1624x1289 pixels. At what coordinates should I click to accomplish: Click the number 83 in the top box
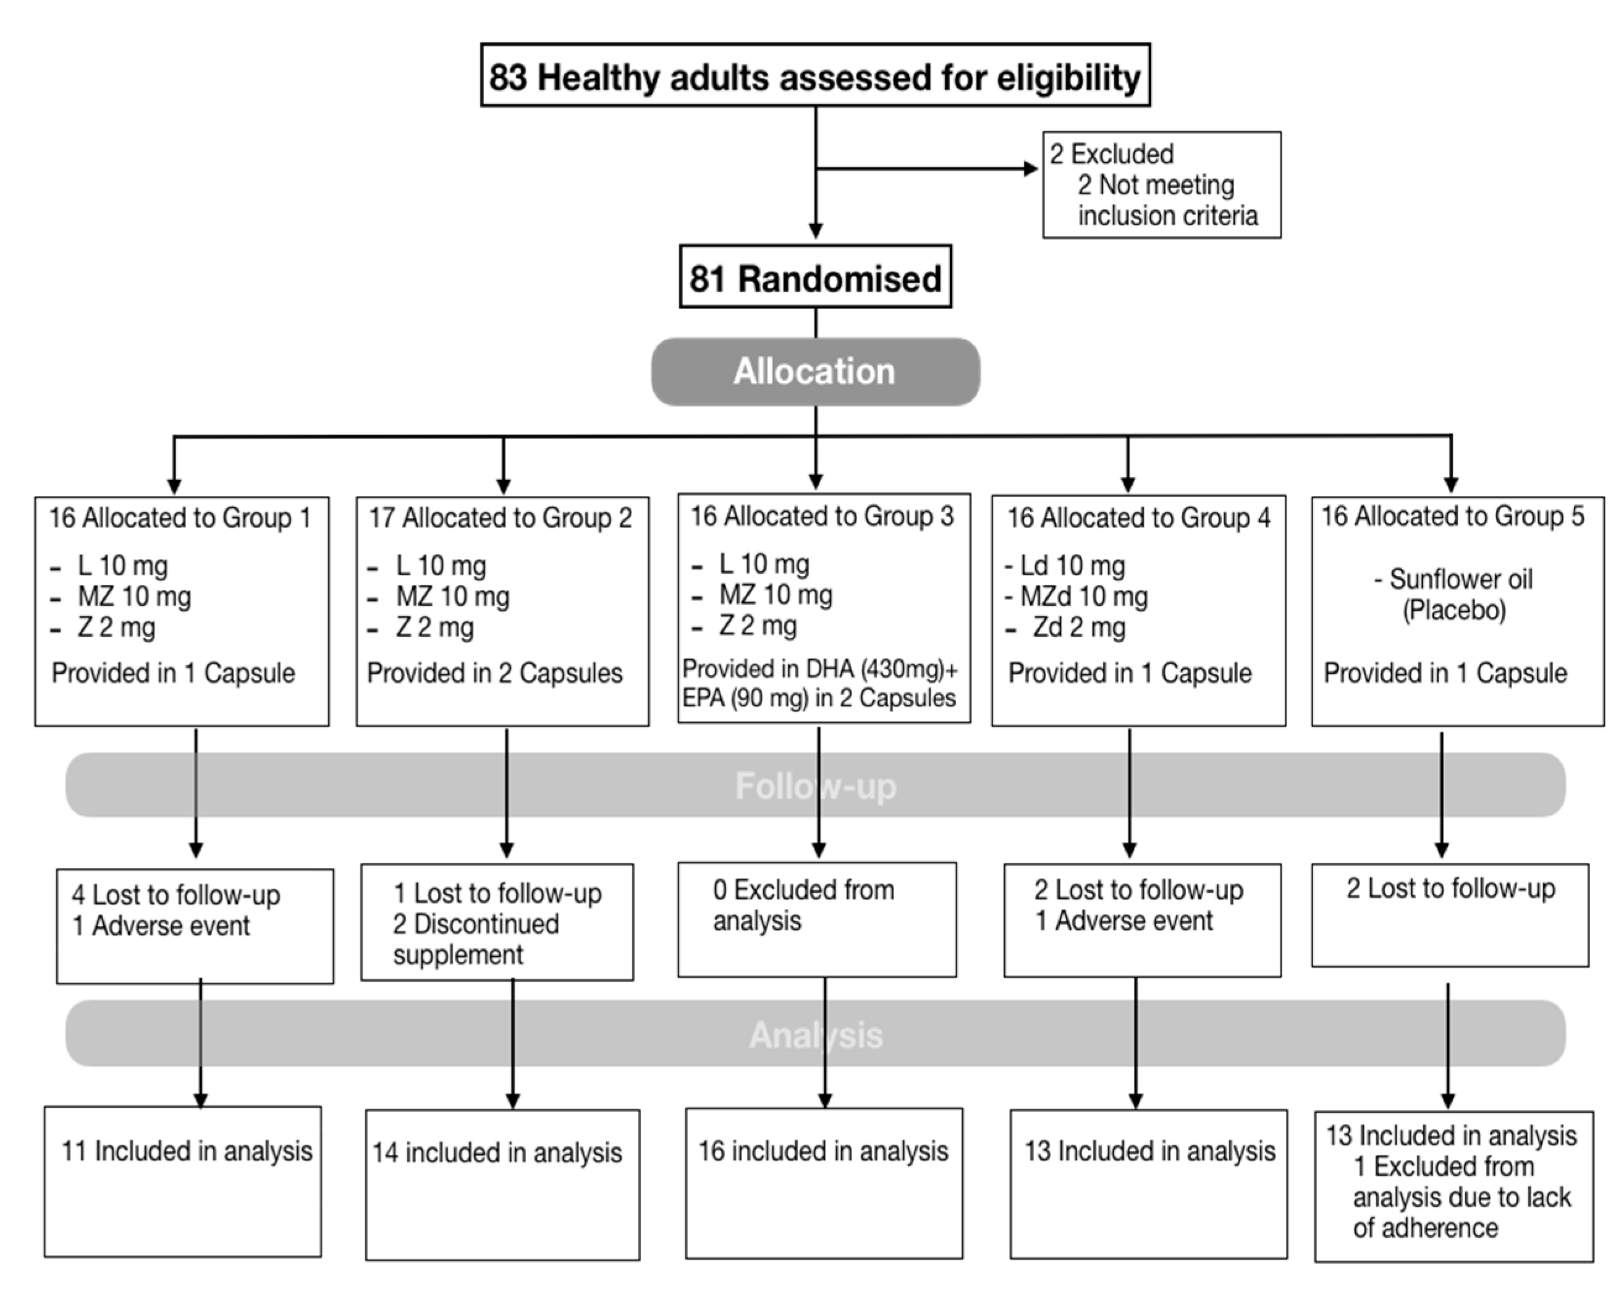tap(509, 78)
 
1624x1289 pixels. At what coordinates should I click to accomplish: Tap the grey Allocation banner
tap(815, 372)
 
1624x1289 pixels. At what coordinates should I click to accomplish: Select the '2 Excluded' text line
tap(1112, 154)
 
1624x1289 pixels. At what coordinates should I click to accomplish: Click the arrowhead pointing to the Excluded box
tap(1030, 169)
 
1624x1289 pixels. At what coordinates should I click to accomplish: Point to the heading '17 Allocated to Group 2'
tap(500, 518)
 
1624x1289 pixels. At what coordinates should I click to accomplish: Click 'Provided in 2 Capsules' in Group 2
tap(495, 673)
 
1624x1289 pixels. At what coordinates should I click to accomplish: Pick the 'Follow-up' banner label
tap(815, 786)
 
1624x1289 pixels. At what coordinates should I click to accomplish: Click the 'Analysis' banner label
tap(815, 1035)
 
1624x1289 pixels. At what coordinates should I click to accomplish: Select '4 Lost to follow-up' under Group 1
tap(176, 895)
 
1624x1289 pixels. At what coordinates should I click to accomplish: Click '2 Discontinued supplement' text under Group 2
tap(476, 938)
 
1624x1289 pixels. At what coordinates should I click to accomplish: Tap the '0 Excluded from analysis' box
tap(816, 919)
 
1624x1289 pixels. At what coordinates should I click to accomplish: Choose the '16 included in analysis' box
tap(823, 1181)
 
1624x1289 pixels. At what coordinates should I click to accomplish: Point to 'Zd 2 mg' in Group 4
tap(1078, 627)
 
